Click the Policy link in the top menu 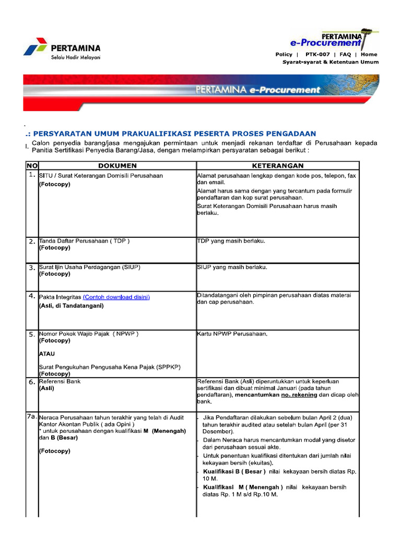(x=284, y=54)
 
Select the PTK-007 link (x=317, y=54)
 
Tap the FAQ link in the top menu (x=345, y=54)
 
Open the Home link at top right (x=369, y=54)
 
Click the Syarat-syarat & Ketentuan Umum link (x=331, y=62)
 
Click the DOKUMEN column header (x=117, y=165)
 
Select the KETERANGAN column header (x=278, y=165)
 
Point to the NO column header (x=32, y=165)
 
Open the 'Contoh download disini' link (x=116, y=297)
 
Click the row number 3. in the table (x=32, y=268)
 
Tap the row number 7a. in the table (x=32, y=417)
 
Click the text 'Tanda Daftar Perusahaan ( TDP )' (x=84, y=241)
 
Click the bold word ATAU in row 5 (x=47, y=354)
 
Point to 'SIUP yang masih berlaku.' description (x=232, y=267)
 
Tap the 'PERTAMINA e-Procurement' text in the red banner (x=257, y=90)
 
